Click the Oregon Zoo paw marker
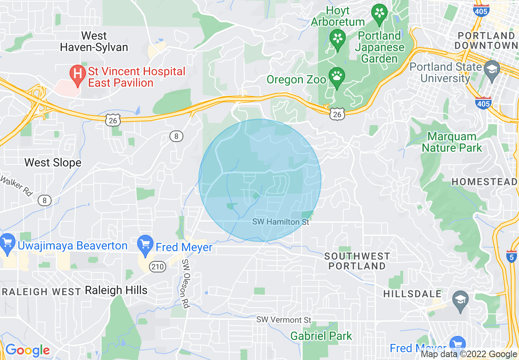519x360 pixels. coord(337,76)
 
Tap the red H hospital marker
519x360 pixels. coord(77,74)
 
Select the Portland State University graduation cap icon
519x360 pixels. coord(492,68)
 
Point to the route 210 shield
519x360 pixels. coord(157,267)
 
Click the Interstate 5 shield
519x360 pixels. coord(512,256)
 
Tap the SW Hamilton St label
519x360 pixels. coord(280,222)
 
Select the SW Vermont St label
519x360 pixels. coord(284,319)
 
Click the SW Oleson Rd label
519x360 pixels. coord(186,284)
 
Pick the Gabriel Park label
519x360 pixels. coord(321,336)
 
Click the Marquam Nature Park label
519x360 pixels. coord(452,142)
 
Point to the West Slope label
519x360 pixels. coord(53,162)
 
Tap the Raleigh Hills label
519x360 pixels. coord(116,290)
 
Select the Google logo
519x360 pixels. coord(27,350)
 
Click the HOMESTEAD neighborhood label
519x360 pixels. coord(485,182)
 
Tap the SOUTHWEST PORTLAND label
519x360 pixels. coord(357,261)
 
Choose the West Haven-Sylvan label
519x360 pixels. coord(94,41)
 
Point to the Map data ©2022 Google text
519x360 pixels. coord(469,354)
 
